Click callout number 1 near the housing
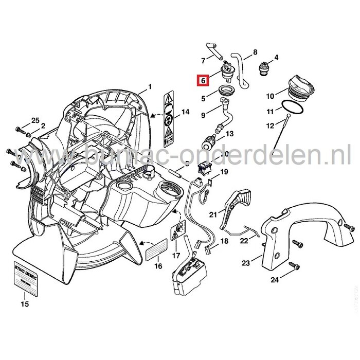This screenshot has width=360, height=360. (x=150, y=86)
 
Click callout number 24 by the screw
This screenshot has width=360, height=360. (x=274, y=280)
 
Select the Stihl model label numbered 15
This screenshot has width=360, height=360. (x=25, y=278)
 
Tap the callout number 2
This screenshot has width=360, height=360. (x=42, y=125)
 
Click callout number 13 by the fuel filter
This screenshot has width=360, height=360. (x=229, y=133)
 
